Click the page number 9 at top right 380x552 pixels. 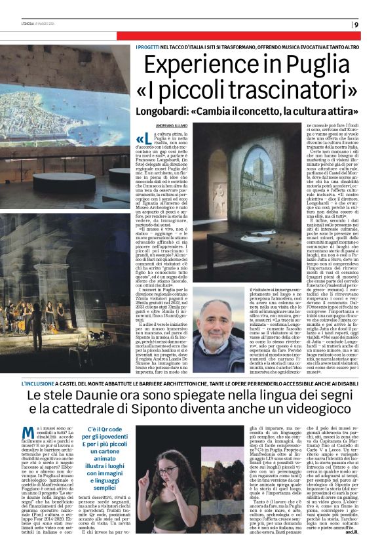point(356,25)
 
